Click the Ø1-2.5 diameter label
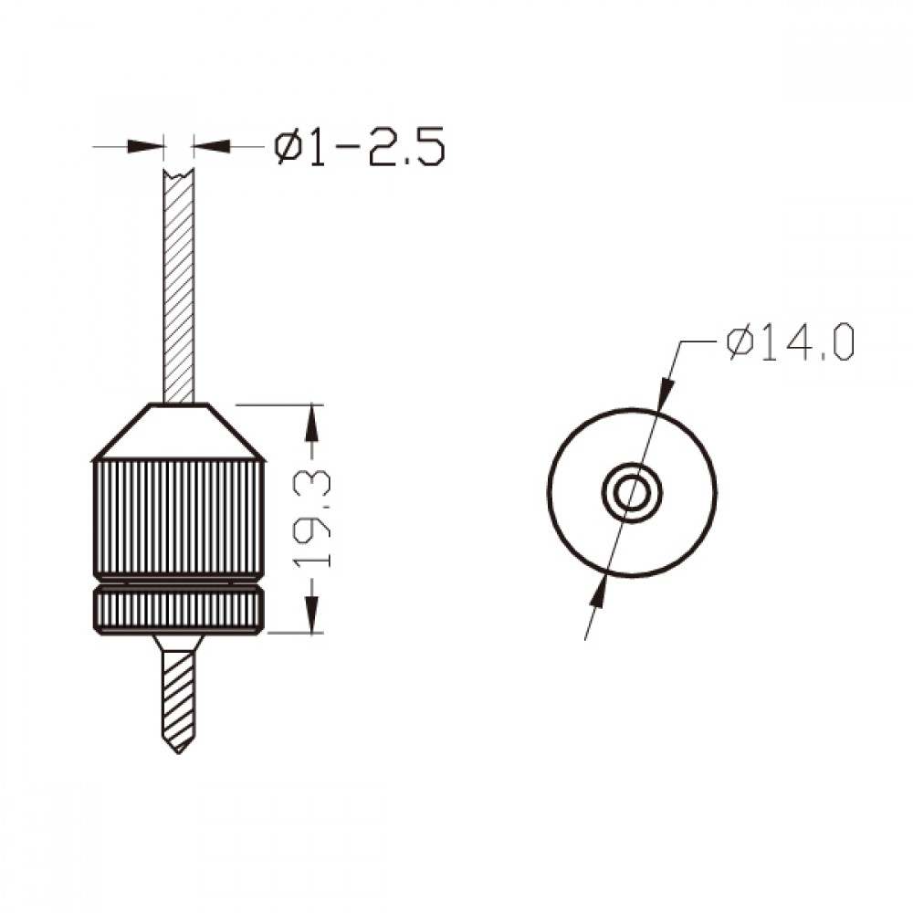359,147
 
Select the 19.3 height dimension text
312,520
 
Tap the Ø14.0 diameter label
791,343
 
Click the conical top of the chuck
179,432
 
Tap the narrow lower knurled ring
179,610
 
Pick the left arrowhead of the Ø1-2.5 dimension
145,146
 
